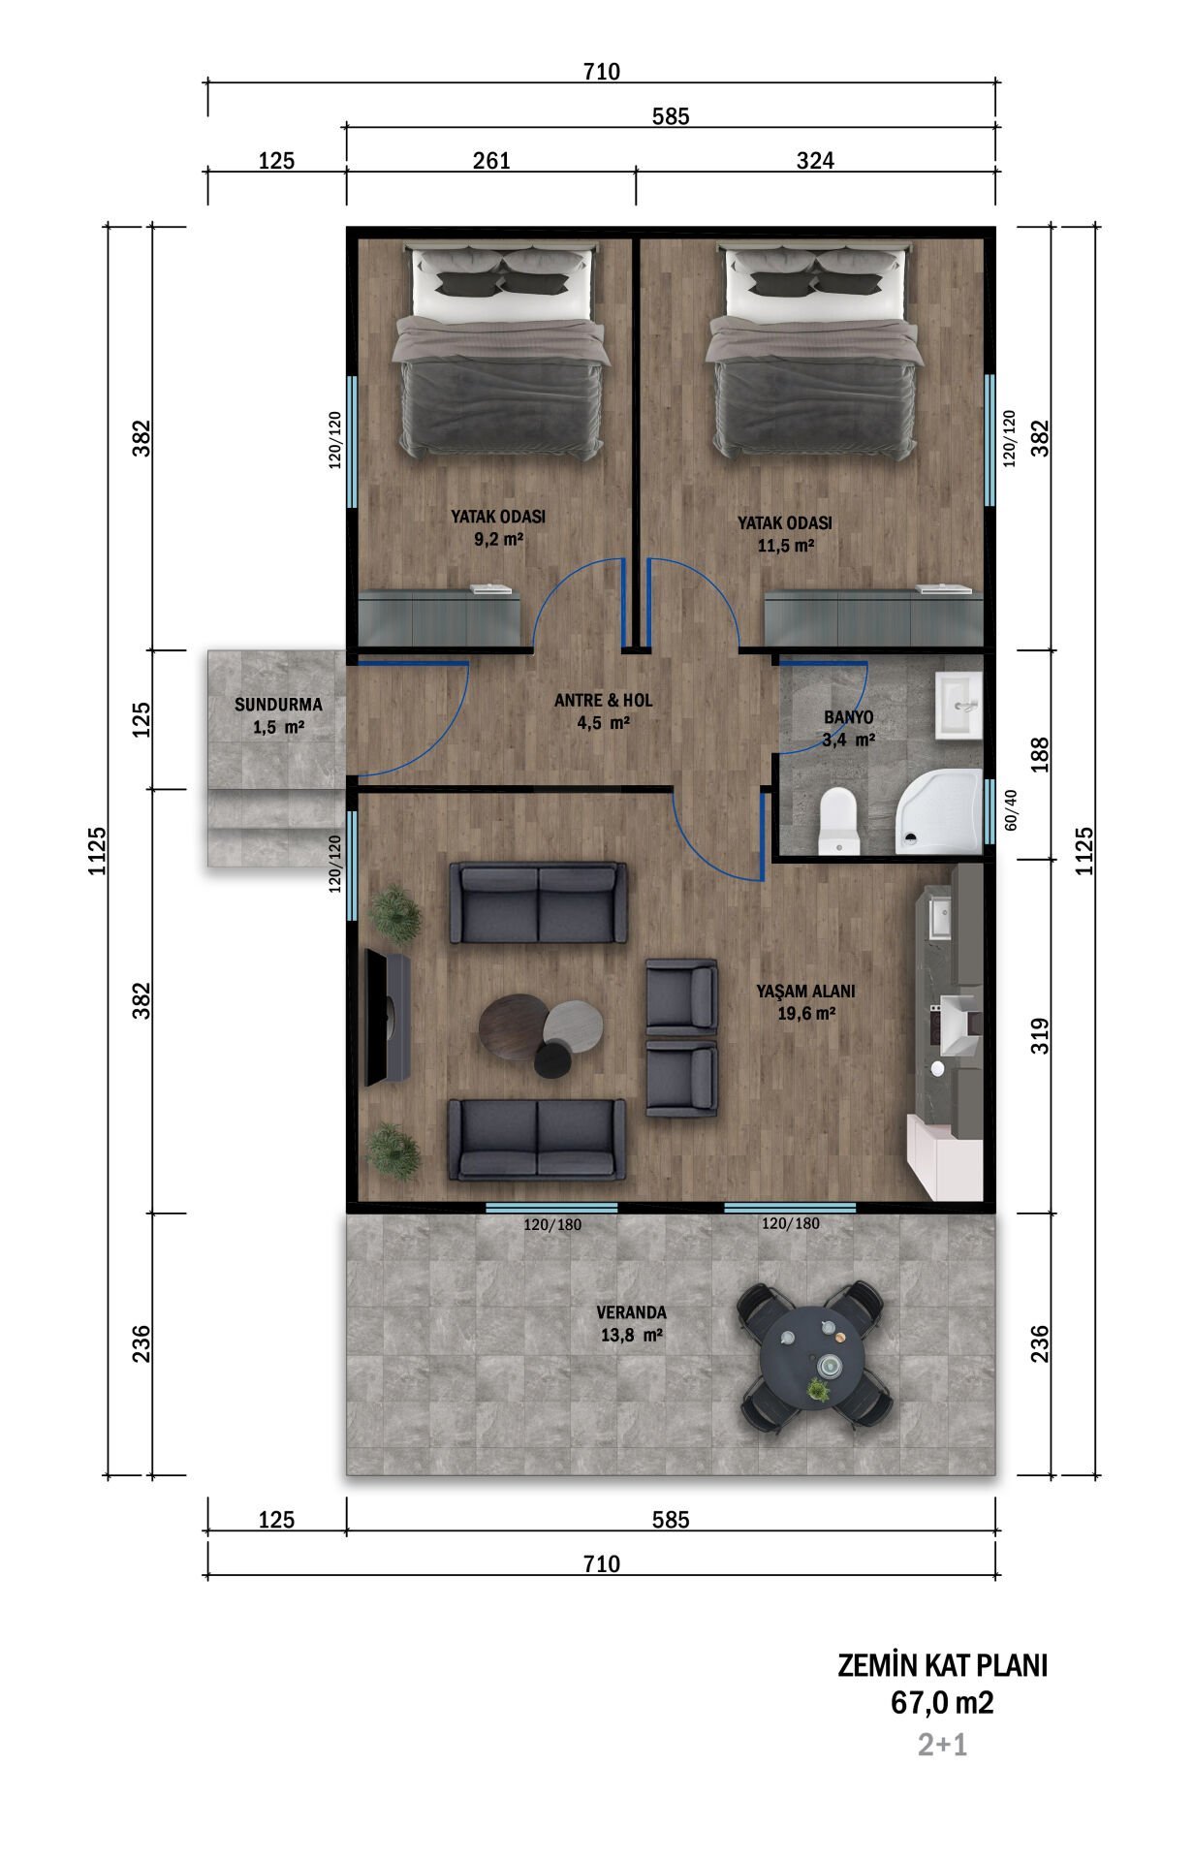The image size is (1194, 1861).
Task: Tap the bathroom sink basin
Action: point(958,707)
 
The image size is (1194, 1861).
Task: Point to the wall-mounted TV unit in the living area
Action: point(388,1018)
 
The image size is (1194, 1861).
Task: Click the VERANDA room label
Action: point(631,1312)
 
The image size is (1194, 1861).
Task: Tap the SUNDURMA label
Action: point(278,705)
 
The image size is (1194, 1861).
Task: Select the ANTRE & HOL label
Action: point(604,700)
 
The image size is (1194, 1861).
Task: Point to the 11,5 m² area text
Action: point(785,546)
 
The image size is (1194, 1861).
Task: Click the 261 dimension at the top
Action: point(491,160)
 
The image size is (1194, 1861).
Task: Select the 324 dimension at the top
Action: point(815,160)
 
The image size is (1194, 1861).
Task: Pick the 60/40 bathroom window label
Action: point(1011,810)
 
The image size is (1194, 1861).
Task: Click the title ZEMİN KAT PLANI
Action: point(942,1665)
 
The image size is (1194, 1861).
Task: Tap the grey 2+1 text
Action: point(942,1745)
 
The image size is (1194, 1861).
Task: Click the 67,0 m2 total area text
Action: point(942,1703)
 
